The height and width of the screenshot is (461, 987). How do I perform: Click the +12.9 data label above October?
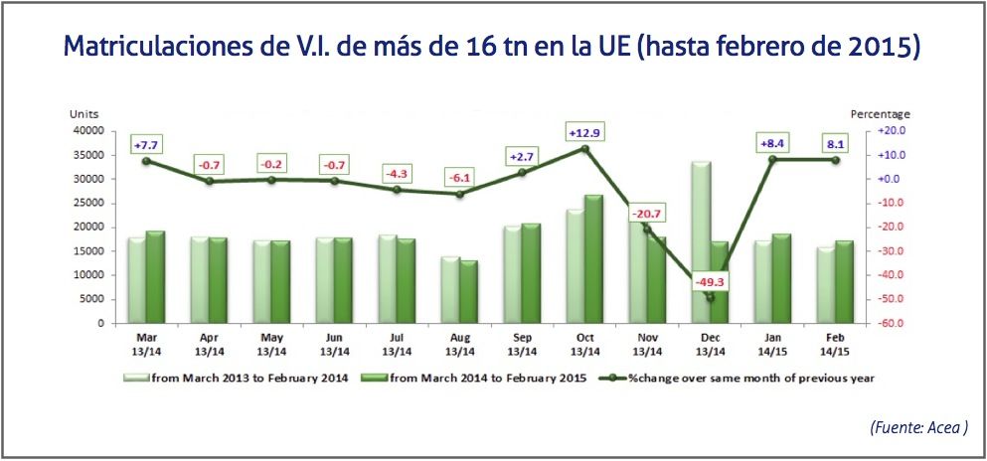point(584,132)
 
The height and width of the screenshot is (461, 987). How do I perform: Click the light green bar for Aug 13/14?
point(450,289)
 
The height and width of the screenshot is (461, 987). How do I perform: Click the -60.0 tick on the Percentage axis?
point(889,323)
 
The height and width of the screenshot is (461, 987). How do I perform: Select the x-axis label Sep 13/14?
point(522,342)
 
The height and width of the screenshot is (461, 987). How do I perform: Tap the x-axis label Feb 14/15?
point(835,342)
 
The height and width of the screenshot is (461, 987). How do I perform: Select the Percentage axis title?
point(882,115)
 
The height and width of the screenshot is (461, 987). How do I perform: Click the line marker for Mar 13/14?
point(146,161)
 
